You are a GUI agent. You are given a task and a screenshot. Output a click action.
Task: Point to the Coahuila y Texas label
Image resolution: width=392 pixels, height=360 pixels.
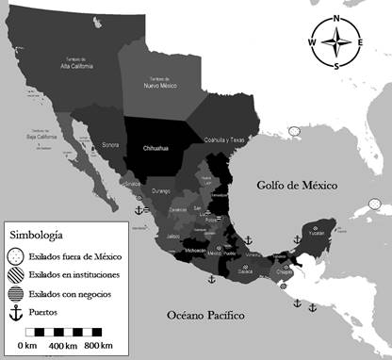click(224, 139)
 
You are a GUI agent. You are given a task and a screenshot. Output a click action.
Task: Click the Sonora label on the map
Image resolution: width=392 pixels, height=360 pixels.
click(111, 147)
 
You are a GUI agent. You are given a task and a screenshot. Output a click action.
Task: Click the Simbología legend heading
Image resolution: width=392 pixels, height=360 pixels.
click(39, 231)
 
